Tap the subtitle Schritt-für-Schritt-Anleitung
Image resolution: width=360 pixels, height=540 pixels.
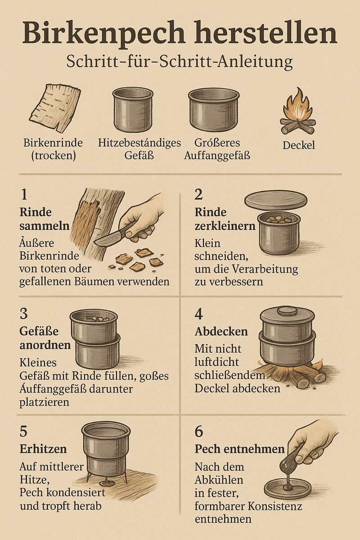pyautogui.click(x=180, y=62)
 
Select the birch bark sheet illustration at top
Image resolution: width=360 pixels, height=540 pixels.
pyautogui.click(x=55, y=108)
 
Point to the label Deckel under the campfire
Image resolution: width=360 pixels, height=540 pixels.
pyautogui.click(x=299, y=145)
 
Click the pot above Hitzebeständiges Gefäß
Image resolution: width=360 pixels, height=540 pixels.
pyautogui.click(x=133, y=109)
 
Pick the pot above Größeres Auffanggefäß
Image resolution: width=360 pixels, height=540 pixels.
pyautogui.click(x=214, y=110)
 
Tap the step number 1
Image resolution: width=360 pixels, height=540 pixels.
pyautogui.click(x=24, y=194)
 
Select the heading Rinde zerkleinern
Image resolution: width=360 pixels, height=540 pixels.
pyautogui.click(x=225, y=219)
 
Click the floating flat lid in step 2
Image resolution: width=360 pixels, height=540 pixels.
pyautogui.click(x=276, y=201)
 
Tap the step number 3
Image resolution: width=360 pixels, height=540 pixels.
pyautogui.click(x=24, y=314)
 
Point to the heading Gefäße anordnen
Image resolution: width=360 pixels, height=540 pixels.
pyautogui.click(x=45, y=338)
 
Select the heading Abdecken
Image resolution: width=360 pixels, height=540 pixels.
pyautogui.click(x=221, y=332)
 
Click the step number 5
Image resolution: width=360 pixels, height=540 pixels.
pyautogui.click(x=23, y=431)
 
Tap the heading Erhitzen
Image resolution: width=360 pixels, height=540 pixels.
pyautogui.click(x=43, y=449)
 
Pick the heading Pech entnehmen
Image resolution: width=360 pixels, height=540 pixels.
pyautogui.click(x=240, y=449)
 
